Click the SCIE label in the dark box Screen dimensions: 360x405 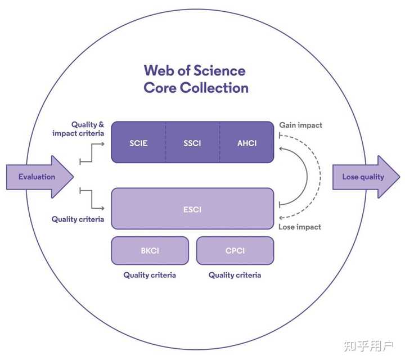point(138,143)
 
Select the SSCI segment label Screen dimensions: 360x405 point(192,143)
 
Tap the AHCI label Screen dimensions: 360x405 point(247,143)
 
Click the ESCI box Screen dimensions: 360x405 point(192,209)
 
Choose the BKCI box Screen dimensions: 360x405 point(150,250)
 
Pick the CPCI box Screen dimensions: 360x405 point(235,250)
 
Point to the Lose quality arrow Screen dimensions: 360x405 point(364,177)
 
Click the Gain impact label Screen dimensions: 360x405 point(300,125)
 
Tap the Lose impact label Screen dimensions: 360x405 point(300,227)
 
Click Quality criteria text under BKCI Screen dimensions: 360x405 point(150,275)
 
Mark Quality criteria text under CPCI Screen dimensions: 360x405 point(235,275)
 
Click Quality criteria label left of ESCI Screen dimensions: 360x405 point(78,219)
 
